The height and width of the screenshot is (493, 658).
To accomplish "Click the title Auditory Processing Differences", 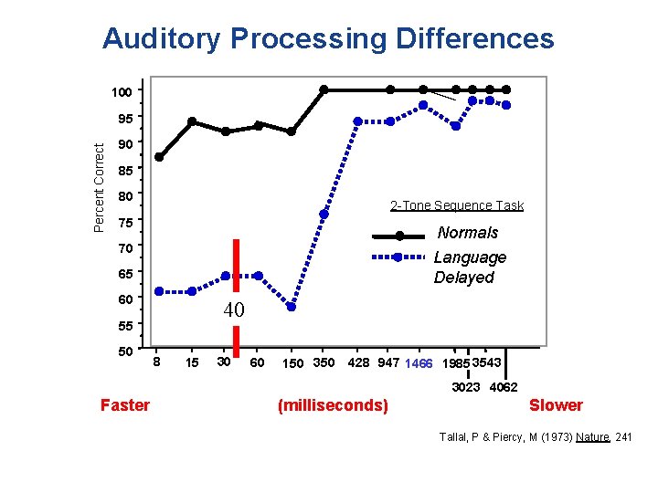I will (x=328, y=38).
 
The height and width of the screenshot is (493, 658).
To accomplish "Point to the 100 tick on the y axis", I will (x=122, y=91).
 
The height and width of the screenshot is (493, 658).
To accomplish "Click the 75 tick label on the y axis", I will (x=125, y=222).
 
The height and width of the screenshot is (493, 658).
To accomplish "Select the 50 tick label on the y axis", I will (x=125, y=351).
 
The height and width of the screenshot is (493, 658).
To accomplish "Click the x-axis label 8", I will (x=157, y=363).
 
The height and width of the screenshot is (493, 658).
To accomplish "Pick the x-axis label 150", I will (x=293, y=364).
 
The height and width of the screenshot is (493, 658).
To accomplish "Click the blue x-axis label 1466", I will (x=419, y=364).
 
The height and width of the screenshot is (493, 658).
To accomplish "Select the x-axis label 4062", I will (x=504, y=387).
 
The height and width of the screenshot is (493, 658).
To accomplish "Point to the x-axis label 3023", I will (x=466, y=387).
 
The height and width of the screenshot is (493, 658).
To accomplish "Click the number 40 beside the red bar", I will (x=234, y=310).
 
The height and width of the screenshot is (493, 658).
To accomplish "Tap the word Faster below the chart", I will (x=124, y=405).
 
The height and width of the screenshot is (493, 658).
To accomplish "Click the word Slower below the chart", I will (x=556, y=405).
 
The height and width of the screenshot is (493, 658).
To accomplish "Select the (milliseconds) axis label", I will (x=332, y=405).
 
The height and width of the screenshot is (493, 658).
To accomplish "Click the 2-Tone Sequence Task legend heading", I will (x=457, y=205).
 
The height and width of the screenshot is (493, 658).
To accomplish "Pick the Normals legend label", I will (x=468, y=233).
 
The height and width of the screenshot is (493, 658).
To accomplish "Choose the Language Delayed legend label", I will (x=469, y=267).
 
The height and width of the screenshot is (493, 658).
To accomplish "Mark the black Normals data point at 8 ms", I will (x=159, y=157).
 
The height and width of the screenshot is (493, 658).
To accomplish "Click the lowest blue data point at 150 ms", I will (x=292, y=307).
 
